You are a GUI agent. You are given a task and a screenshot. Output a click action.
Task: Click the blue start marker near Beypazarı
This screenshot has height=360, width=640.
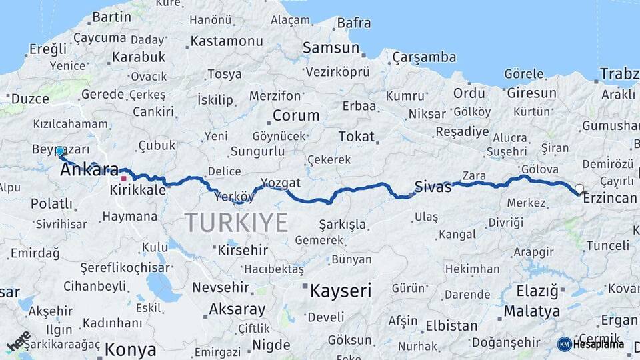(x=60, y=151)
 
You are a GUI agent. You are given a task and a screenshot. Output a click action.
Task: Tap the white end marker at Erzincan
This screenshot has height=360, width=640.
(x=579, y=189)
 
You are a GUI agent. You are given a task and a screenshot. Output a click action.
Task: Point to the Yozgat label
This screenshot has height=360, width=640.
(x=281, y=183)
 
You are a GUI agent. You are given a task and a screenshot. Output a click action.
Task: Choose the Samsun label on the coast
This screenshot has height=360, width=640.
(x=331, y=48)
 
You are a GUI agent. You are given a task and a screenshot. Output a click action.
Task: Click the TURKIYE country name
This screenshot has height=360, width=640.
(x=236, y=221)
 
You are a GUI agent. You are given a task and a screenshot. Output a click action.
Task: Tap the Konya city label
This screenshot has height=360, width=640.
(x=131, y=349)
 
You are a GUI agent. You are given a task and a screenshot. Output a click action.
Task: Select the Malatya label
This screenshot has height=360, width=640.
(x=531, y=311)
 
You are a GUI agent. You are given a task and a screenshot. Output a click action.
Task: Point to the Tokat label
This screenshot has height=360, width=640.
(x=356, y=136)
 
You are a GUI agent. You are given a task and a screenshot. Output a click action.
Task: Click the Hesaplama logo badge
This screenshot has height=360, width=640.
(x=591, y=344)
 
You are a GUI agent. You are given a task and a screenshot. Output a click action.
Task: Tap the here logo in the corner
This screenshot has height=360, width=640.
(x=19, y=341)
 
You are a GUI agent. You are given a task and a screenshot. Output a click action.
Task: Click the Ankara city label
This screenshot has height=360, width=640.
(x=89, y=170)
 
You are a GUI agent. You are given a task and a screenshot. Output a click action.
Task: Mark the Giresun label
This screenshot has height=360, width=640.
(x=531, y=93)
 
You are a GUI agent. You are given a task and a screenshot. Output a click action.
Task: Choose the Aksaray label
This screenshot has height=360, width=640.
(x=237, y=309)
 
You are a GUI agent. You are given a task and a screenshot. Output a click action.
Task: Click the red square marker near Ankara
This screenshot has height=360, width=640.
(x=123, y=179)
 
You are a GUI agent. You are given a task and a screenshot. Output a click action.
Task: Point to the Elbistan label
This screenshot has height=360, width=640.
(x=451, y=326)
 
